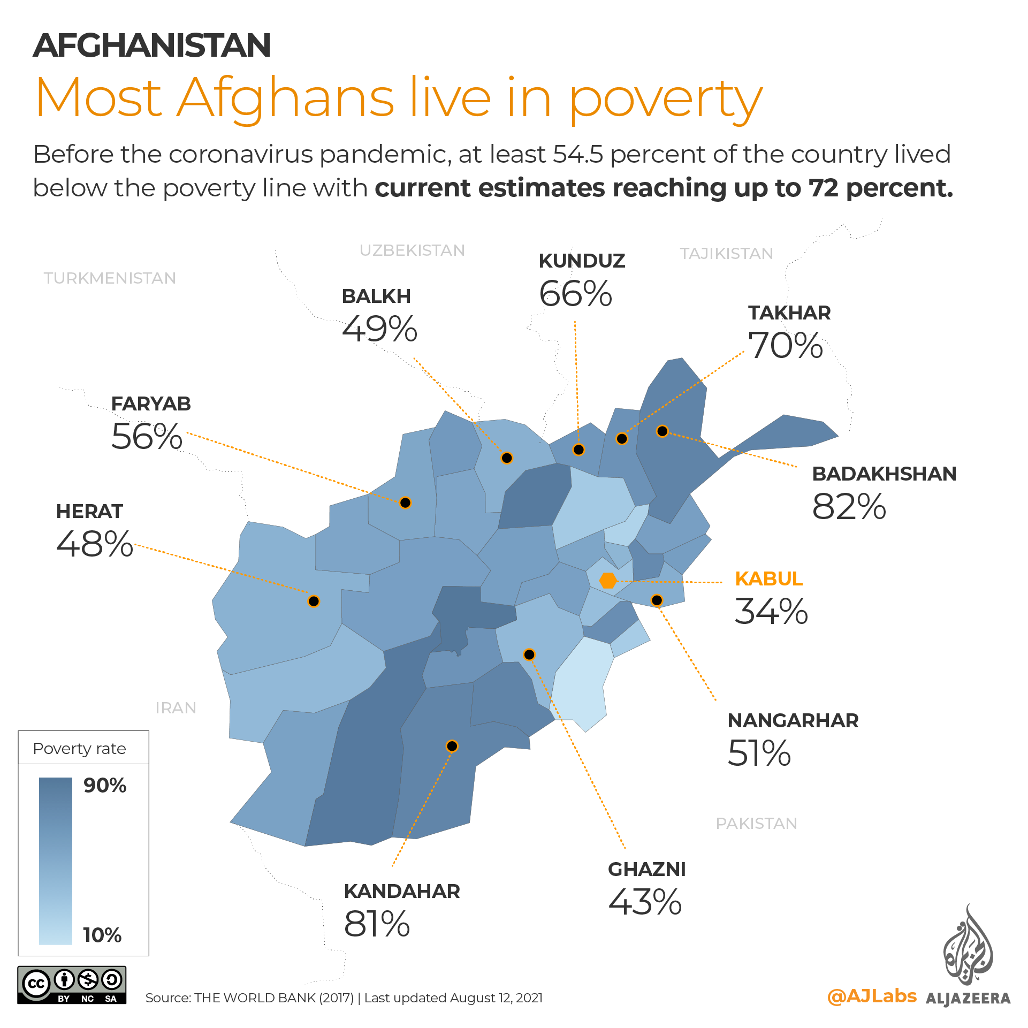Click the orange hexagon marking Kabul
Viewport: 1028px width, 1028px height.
[608, 580]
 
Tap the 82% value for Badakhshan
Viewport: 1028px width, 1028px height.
[849, 507]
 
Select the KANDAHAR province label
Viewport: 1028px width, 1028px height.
[402, 892]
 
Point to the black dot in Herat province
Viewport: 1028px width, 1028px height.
[314, 601]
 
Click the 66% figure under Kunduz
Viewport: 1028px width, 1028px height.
[575, 294]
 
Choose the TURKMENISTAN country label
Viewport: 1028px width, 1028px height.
[110, 278]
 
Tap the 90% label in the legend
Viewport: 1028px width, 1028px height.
[105, 786]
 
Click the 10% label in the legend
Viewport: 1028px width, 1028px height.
[102, 935]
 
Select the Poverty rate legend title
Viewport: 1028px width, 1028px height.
[79, 749]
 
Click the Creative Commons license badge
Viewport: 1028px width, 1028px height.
[72, 985]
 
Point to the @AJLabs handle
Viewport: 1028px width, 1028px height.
[872, 996]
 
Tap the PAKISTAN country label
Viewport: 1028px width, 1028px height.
[756, 824]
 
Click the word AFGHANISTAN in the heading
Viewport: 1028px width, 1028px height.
[152, 45]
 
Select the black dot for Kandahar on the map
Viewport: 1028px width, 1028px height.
[452, 746]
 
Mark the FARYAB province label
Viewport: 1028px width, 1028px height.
[151, 404]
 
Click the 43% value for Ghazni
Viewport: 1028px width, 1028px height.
[645, 902]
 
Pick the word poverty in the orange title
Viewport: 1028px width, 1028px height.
[666, 99]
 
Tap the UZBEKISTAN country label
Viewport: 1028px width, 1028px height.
[412, 250]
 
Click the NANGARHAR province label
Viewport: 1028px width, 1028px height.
[793, 721]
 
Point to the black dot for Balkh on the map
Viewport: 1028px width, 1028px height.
[507, 458]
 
